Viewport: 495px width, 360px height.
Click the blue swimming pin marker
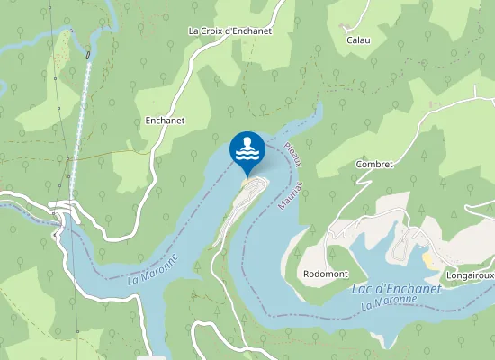(x=247, y=149)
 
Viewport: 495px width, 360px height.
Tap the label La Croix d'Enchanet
(x=229, y=31)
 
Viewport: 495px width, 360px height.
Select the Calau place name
(x=359, y=40)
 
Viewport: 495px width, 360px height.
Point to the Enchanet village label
(x=165, y=119)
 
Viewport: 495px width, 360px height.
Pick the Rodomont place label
(x=325, y=274)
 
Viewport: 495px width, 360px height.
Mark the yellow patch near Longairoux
(x=428, y=259)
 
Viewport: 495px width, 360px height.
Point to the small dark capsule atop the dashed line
(x=88, y=55)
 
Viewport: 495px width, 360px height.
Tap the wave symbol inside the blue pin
(x=247, y=155)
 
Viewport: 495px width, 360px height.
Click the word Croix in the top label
(x=213, y=31)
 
